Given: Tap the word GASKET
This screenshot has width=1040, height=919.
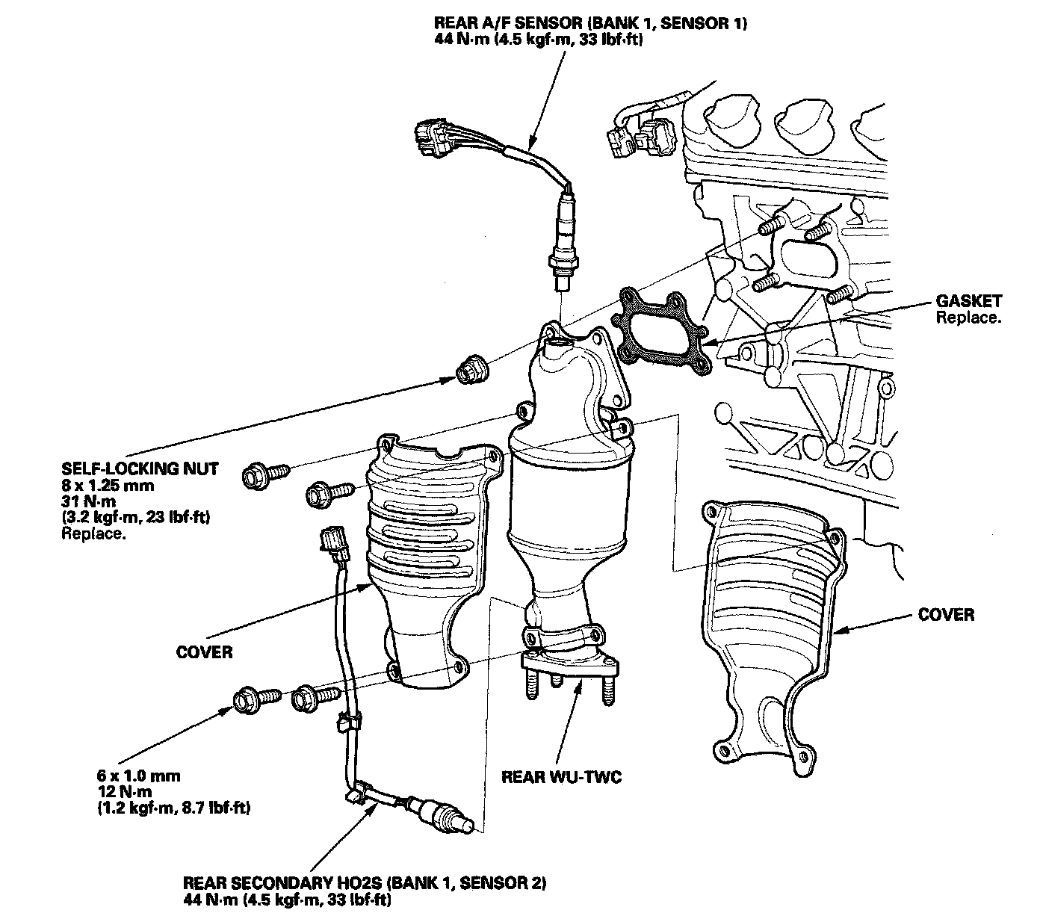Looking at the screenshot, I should (968, 302).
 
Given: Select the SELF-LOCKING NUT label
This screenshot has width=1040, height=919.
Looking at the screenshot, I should (140, 469).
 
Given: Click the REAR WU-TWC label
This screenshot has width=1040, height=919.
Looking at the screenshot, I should (562, 777).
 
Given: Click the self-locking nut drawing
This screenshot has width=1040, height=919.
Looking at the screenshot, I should (471, 368).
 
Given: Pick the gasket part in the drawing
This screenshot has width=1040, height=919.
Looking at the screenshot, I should (659, 332).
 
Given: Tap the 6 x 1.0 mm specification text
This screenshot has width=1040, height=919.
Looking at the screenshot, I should (139, 776).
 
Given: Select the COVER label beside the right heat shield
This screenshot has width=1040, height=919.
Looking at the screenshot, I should (946, 615).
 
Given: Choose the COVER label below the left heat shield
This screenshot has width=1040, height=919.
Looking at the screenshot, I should (204, 652).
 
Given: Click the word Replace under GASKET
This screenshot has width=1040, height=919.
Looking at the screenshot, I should (968, 318).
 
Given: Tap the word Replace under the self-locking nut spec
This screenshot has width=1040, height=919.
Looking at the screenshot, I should (93, 533).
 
